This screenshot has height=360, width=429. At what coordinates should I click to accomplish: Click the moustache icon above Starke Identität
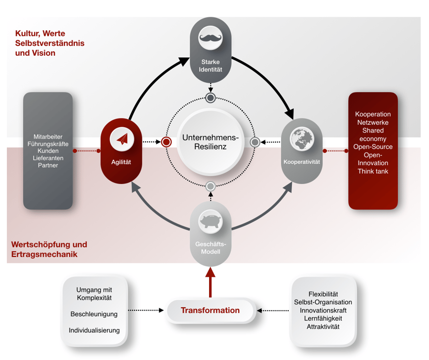click(x=211, y=38)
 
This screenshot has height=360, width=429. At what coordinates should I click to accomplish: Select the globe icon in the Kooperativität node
click(x=302, y=139)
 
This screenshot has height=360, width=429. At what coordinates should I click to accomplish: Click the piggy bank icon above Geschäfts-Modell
click(x=211, y=222)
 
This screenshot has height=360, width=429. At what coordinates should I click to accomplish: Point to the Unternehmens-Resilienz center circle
click(x=211, y=142)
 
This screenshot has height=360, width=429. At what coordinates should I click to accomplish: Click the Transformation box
click(x=210, y=310)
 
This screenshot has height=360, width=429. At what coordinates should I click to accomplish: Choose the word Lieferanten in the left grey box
click(x=48, y=158)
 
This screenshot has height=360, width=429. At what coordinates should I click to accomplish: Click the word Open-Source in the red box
click(x=373, y=147)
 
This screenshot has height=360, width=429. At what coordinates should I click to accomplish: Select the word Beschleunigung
click(x=94, y=314)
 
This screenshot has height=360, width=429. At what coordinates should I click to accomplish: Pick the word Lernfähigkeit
click(x=323, y=318)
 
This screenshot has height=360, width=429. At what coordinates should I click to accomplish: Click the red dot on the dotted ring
click(x=166, y=142)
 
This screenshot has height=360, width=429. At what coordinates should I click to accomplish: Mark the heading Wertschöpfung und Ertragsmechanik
click(x=49, y=250)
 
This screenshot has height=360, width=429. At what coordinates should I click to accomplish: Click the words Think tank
click(x=373, y=171)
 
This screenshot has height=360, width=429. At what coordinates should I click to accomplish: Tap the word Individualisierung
click(x=94, y=330)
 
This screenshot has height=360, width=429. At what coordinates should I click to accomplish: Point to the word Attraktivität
click(x=323, y=326)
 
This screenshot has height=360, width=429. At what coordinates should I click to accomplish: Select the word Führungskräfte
click(x=48, y=144)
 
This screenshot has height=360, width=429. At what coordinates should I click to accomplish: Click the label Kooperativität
click(x=302, y=162)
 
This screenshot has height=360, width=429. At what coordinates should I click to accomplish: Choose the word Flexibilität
click(x=323, y=294)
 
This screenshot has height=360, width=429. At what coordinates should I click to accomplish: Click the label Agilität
click(x=121, y=162)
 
